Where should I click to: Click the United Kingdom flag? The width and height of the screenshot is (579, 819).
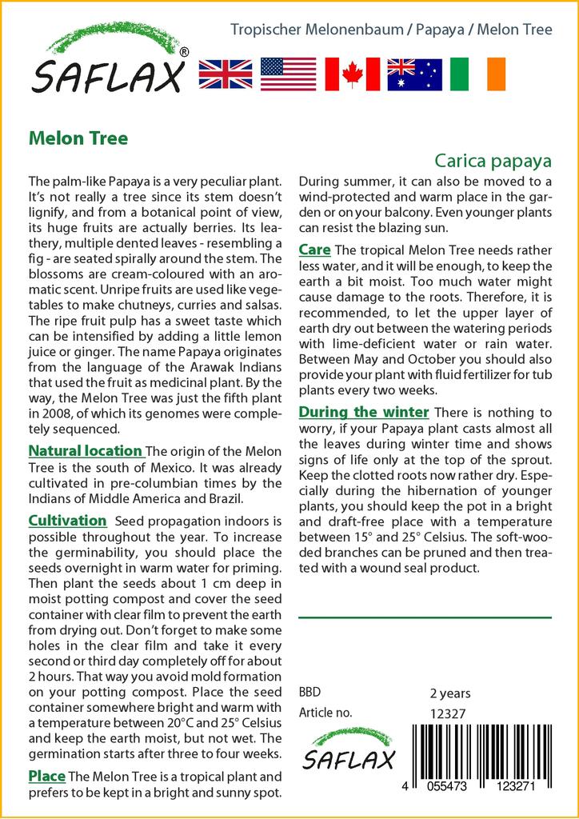[226, 74]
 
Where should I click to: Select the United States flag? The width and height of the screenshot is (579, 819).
[289, 74]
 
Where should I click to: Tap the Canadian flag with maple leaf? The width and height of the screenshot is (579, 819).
[352, 74]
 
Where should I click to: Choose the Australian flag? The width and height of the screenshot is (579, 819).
[414, 74]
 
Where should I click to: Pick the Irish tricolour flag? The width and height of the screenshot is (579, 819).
[477, 74]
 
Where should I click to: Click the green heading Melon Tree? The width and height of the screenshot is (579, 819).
[78, 138]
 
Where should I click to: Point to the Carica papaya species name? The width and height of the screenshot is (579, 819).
[493, 158]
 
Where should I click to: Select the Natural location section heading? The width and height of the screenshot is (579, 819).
[86, 451]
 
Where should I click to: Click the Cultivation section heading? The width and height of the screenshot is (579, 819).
[67, 521]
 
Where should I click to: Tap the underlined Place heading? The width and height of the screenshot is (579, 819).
[46, 776]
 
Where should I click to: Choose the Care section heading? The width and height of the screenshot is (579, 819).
[314, 250]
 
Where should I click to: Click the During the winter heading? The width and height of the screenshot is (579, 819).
[364, 412]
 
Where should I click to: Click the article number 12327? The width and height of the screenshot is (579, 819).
[448, 713]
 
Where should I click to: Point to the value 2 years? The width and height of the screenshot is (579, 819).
[450, 693]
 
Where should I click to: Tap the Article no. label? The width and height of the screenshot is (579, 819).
[325, 713]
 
